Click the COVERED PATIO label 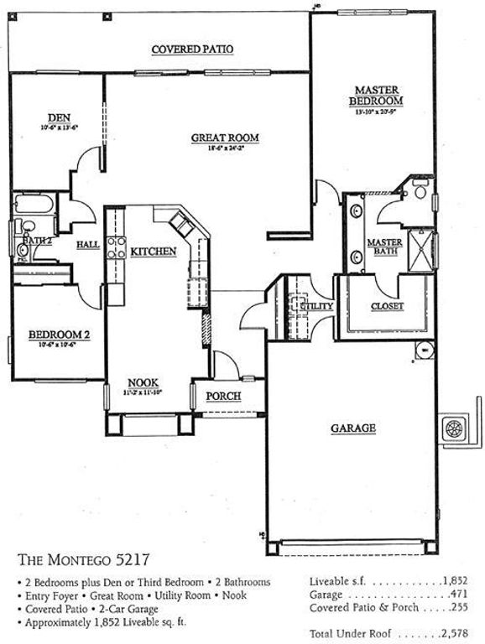click(192, 49)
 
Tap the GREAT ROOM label click(224, 138)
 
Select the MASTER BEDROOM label click(376, 95)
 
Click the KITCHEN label click(153, 251)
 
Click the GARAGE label click(352, 428)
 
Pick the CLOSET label click(387, 306)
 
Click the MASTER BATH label click(384, 247)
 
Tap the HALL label click(87, 244)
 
